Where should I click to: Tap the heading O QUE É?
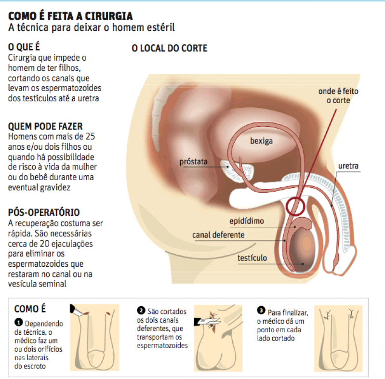24,48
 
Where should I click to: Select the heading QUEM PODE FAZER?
42,127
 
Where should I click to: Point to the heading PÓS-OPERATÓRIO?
44,212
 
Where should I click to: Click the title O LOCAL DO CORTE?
169,49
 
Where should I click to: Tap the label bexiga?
261,141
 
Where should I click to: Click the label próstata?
193,162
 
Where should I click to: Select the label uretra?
348,166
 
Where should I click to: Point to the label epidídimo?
246,222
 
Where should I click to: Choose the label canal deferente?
218,235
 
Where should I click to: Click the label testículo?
252,258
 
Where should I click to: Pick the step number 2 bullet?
141,310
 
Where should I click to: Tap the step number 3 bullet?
261,311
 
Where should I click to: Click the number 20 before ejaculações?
51,244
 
